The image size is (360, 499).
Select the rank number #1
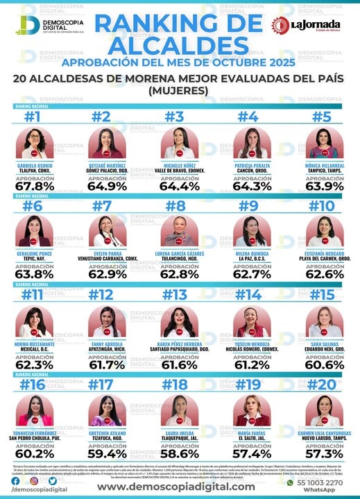[x=33, y=116]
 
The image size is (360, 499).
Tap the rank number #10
[x=323, y=206]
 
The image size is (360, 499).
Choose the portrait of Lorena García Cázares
[x=178, y=232]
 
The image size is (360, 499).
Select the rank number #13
[x=179, y=295]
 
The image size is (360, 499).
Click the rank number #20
[x=323, y=384]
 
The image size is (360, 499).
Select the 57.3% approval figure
[x=323, y=453]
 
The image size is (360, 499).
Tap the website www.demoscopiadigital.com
[x=175, y=487]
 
